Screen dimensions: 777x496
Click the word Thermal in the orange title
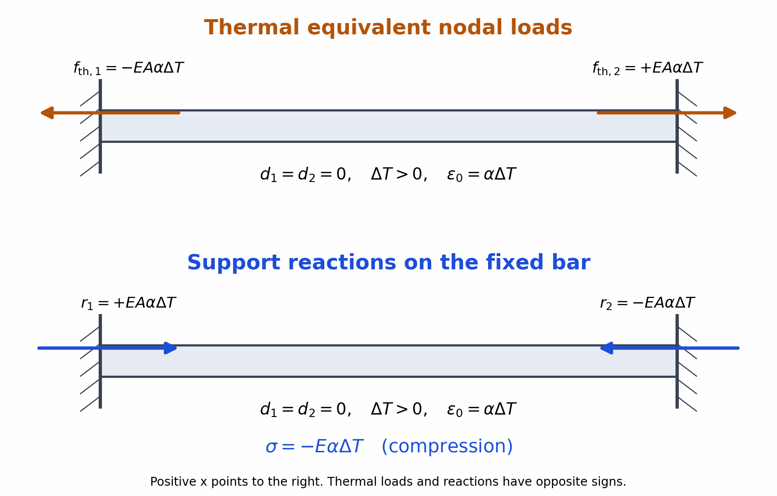pyautogui.click(x=252, y=28)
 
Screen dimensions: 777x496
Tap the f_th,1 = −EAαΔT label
pyautogui.click(x=129, y=68)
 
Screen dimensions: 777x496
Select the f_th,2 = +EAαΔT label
pyautogui.click(x=647, y=68)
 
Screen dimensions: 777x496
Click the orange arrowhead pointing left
pyautogui.click(x=47, y=113)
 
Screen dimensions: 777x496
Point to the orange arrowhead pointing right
pyautogui.click(x=730, y=113)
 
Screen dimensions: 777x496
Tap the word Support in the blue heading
pyautogui.click(x=233, y=263)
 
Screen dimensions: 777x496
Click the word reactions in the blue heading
pyautogui.click(x=342, y=262)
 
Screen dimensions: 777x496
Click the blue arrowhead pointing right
pyautogui.click(x=171, y=348)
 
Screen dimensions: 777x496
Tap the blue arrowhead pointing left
pyautogui.click(x=607, y=348)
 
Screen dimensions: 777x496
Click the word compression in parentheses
pyautogui.click(x=447, y=446)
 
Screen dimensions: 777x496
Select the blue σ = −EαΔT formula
pyautogui.click(x=314, y=446)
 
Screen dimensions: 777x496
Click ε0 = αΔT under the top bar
pyautogui.click(x=482, y=175)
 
